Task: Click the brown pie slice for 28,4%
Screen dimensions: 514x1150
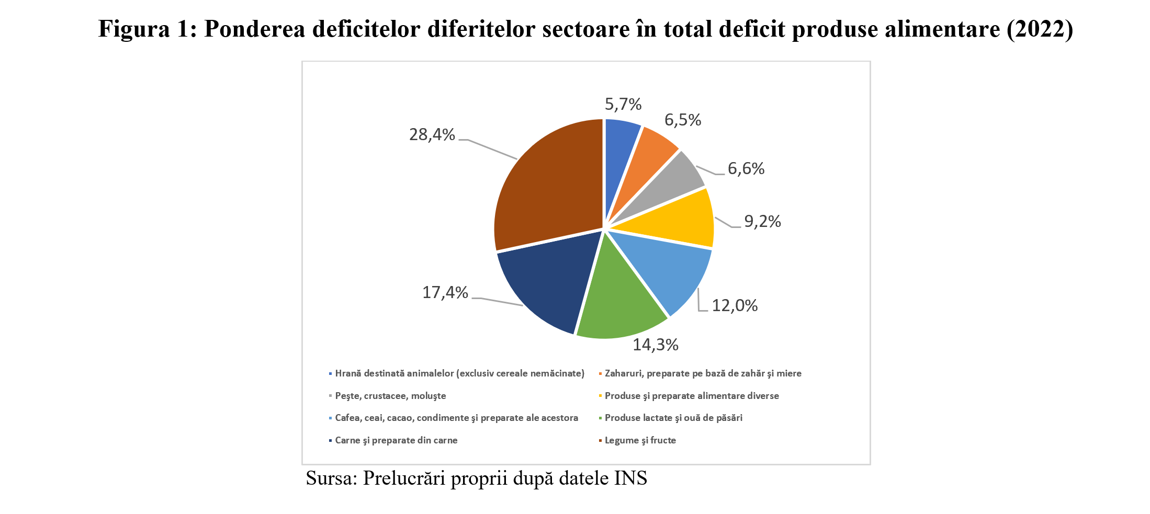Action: pyautogui.click(x=549, y=183)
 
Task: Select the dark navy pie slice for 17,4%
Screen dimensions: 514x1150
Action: pyautogui.click(x=544, y=285)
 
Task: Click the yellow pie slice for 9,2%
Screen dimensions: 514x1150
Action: pyautogui.click(x=680, y=220)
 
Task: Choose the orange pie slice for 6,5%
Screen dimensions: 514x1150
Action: pyautogui.click(x=649, y=152)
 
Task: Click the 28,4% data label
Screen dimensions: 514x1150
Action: pyautogui.click(x=432, y=135)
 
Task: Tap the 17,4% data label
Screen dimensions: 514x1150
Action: pyautogui.click(x=445, y=292)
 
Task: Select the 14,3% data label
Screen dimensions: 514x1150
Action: pyautogui.click(x=656, y=345)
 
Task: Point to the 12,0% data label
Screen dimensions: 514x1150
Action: pyautogui.click(x=735, y=305)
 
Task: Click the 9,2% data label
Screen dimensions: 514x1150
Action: pyautogui.click(x=762, y=222)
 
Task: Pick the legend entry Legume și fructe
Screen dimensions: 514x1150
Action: pyautogui.click(x=640, y=440)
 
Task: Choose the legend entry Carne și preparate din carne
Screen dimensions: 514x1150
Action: pyautogui.click(x=396, y=440)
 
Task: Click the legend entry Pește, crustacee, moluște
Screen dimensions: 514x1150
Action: pyautogui.click(x=390, y=396)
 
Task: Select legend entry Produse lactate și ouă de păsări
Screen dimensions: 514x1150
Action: pyautogui.click(x=673, y=418)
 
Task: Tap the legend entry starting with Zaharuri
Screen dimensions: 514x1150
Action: pyautogui.click(x=703, y=373)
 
